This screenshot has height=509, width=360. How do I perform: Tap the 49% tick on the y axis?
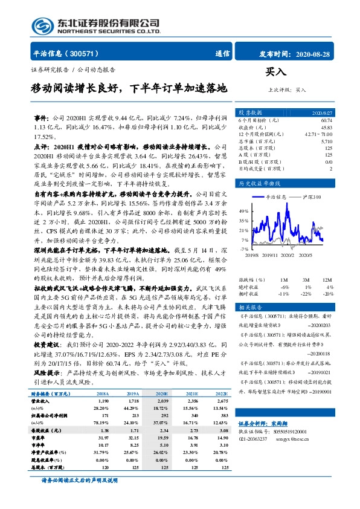[243, 212]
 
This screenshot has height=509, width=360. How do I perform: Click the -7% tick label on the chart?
[243, 248]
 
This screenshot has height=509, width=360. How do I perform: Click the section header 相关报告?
[249, 307]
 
